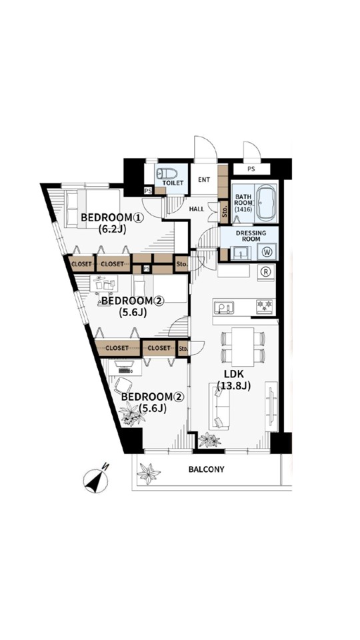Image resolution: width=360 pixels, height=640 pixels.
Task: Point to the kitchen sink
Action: [224, 307]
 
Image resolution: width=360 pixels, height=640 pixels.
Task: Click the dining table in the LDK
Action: [243, 347]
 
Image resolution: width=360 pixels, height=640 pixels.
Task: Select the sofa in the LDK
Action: [219, 406]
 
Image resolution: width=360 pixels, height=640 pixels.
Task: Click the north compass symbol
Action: [96, 480]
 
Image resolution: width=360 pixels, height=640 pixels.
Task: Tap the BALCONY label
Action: [206, 469]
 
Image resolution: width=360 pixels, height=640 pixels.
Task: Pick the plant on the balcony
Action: [148, 473]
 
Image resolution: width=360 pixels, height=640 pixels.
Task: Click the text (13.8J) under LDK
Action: [233, 385]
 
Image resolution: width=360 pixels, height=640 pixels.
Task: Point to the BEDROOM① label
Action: [112, 217]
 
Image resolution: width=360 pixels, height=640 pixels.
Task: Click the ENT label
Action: [204, 179]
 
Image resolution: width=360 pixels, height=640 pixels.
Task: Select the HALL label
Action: [197, 209]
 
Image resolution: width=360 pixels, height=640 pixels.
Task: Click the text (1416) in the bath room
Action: [243, 209]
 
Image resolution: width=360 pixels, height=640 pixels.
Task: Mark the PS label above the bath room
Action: [251, 169]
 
